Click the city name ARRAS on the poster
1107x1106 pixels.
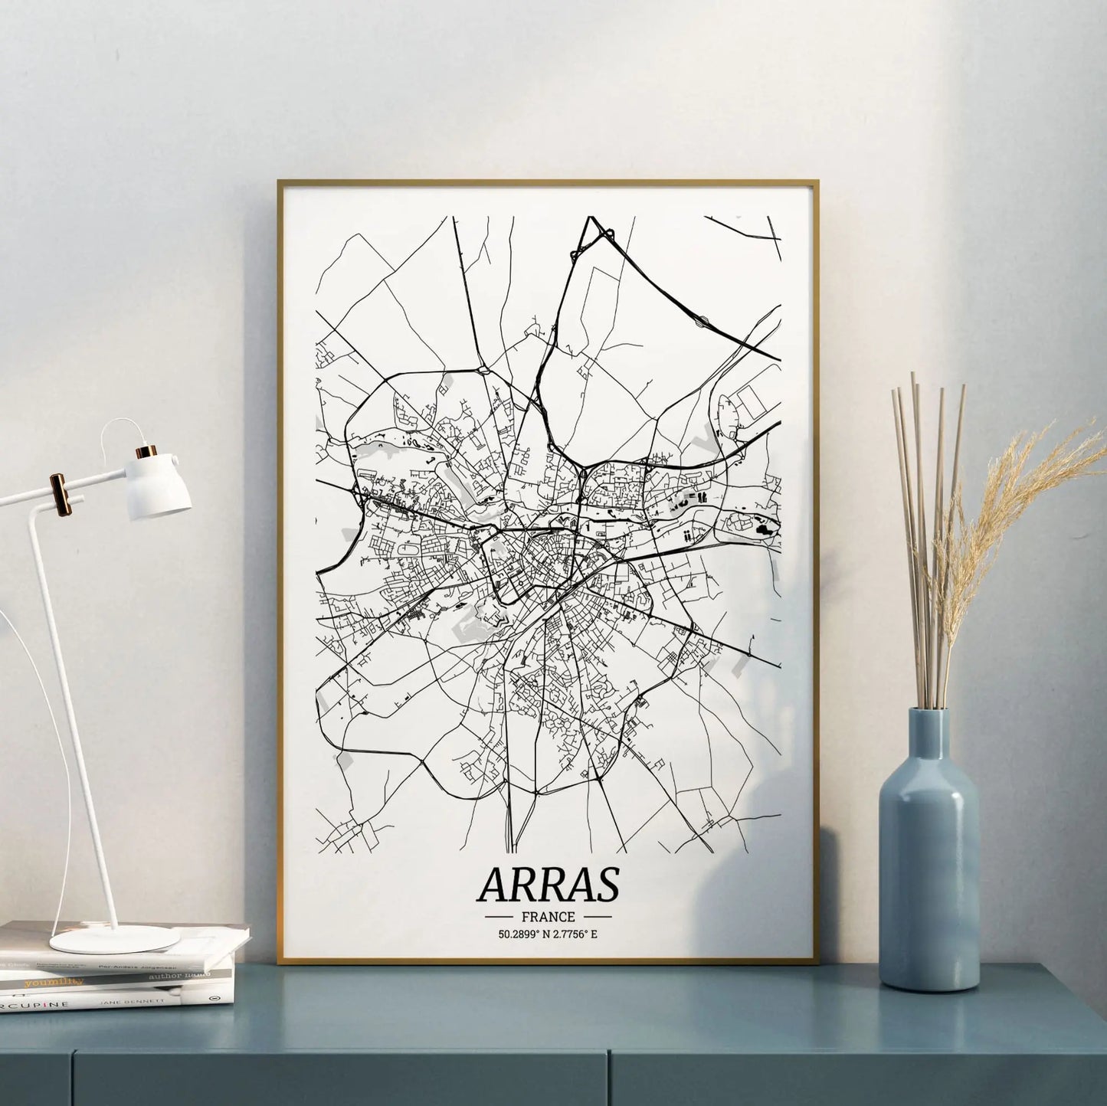click(x=548, y=885)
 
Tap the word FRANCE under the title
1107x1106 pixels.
click(x=549, y=916)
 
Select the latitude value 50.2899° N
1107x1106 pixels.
click(x=522, y=934)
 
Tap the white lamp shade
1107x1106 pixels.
click(x=159, y=486)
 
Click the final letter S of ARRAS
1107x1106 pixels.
click(x=604, y=885)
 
